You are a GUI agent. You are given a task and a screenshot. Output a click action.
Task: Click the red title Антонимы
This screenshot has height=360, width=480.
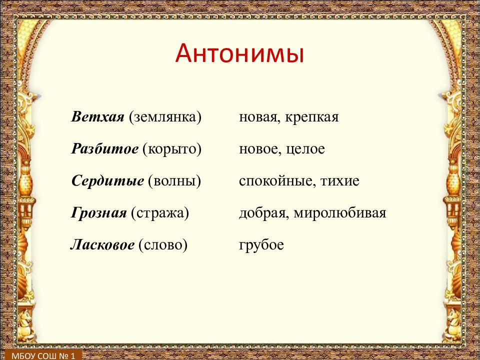(x=239, y=53)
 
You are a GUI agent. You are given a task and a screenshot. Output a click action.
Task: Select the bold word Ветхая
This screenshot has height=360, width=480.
(x=97, y=117)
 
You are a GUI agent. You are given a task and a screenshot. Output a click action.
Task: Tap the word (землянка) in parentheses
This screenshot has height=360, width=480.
(x=165, y=117)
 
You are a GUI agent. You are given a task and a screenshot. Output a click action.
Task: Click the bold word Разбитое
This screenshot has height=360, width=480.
(x=104, y=149)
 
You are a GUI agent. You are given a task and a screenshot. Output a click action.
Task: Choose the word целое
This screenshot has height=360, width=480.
(x=305, y=149)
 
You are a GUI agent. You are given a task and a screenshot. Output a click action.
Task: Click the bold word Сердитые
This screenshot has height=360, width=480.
(x=107, y=181)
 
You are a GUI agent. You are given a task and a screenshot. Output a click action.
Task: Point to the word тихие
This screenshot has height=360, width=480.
(x=340, y=181)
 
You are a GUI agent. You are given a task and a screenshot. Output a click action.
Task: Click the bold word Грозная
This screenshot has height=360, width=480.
(x=98, y=213)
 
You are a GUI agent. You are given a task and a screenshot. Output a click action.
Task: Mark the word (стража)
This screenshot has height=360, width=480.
(x=160, y=213)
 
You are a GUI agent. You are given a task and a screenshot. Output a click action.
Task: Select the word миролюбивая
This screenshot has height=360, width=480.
(x=340, y=213)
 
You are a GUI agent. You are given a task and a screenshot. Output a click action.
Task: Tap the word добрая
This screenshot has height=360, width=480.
(x=263, y=213)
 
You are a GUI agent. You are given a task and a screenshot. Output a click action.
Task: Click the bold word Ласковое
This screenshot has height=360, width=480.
(x=102, y=244)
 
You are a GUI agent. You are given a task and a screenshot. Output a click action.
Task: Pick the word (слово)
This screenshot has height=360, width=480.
(x=163, y=245)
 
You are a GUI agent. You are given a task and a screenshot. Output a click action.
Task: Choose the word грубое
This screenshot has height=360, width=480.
(x=261, y=245)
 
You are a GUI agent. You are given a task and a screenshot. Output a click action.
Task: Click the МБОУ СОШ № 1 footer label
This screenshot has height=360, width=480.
(x=43, y=355)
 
